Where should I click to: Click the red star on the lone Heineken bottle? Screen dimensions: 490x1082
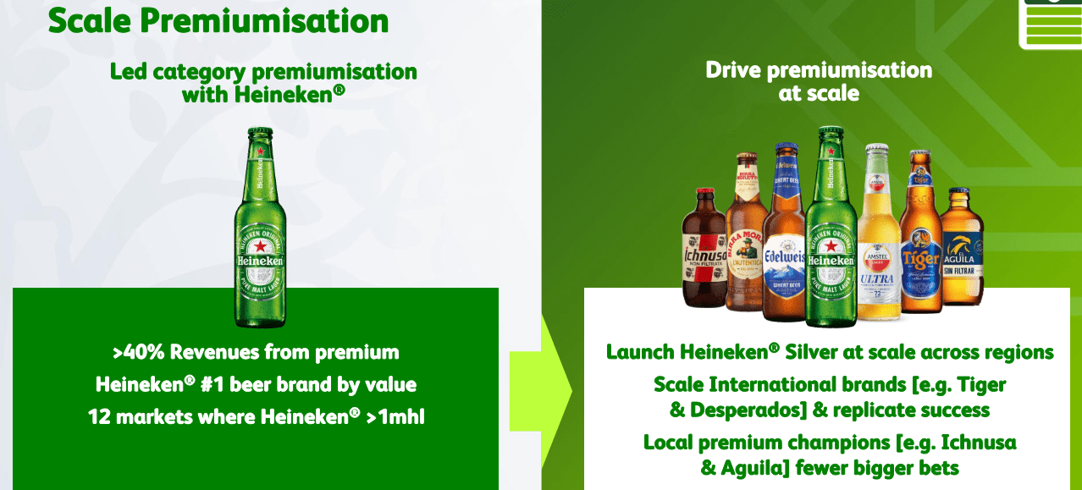(x=260, y=245)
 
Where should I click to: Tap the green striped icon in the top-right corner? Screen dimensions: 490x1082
(x=1051, y=23)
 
